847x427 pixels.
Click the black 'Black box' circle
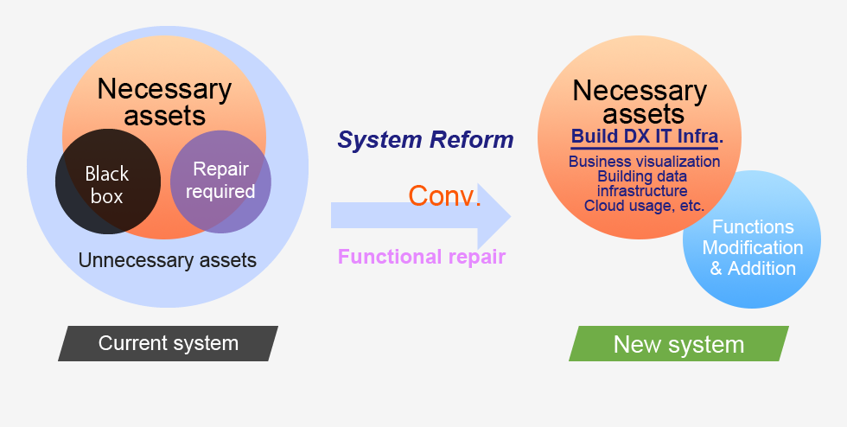pyautogui.click(x=107, y=182)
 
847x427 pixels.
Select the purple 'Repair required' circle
pyautogui.click(x=220, y=182)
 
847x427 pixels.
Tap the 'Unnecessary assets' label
pyautogui.click(x=168, y=260)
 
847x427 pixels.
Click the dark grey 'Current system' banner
pyautogui.click(x=168, y=343)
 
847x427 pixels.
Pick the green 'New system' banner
pyautogui.click(x=678, y=344)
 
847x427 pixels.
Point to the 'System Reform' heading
pyautogui.click(x=425, y=140)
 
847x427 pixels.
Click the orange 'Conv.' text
pyautogui.click(x=444, y=195)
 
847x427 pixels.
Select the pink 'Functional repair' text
pyautogui.click(x=422, y=256)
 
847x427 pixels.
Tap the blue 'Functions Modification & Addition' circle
pyautogui.click(x=752, y=239)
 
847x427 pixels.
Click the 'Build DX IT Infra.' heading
pyautogui.click(x=647, y=137)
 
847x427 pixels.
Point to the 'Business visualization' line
pyautogui.click(x=644, y=162)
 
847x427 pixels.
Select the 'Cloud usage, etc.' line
pyautogui.click(x=644, y=206)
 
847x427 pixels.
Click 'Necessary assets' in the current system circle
pyautogui.click(x=164, y=102)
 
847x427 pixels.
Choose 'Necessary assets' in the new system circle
pyautogui.click(x=640, y=102)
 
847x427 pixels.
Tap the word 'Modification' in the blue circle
pyautogui.click(x=753, y=247)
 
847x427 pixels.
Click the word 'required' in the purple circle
pyautogui.click(x=220, y=192)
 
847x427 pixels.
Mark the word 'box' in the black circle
pyautogui.click(x=107, y=196)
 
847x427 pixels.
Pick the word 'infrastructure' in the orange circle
pyautogui.click(x=641, y=191)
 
